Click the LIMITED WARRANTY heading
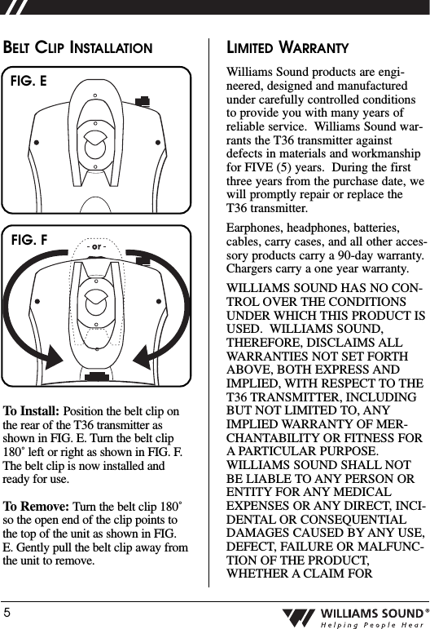point(287,48)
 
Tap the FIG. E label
point(28,82)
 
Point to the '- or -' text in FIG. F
point(96,246)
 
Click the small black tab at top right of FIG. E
point(143,100)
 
